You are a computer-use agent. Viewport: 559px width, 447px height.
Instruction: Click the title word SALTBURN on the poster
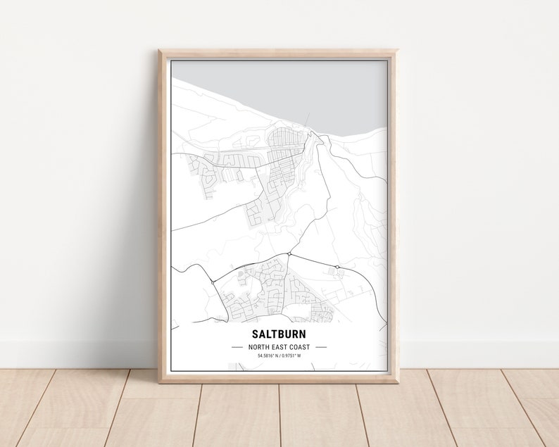click(x=278, y=334)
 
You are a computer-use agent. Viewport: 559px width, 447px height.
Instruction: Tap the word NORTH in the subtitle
click(x=258, y=347)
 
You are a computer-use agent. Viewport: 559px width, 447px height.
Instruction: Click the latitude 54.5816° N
click(x=267, y=355)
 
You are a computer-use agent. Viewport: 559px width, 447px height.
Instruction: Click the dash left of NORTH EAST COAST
click(x=237, y=347)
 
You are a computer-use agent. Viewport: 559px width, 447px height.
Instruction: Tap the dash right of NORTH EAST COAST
click(x=321, y=347)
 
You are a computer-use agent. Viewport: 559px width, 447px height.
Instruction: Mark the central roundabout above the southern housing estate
click(x=289, y=254)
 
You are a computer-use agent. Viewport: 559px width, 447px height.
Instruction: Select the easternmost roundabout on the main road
click(x=337, y=267)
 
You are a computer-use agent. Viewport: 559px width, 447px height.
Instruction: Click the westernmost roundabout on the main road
click(x=213, y=282)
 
